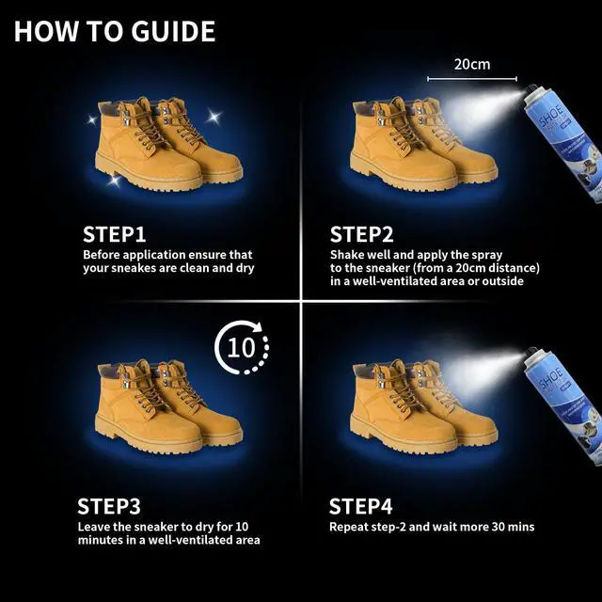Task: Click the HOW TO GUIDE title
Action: [x=115, y=31]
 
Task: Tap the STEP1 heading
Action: [x=115, y=234]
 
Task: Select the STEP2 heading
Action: [x=361, y=234]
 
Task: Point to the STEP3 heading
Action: [x=109, y=506]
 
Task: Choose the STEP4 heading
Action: [x=360, y=506]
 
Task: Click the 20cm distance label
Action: [x=472, y=65]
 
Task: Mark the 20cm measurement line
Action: [x=472, y=79]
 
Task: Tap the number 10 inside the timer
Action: [x=241, y=347]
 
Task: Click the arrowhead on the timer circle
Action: [x=257, y=327]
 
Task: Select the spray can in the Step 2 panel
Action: [x=564, y=142]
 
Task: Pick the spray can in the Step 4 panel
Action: [x=564, y=405]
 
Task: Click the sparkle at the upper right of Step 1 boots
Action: [x=214, y=116]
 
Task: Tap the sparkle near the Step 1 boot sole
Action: [x=114, y=181]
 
